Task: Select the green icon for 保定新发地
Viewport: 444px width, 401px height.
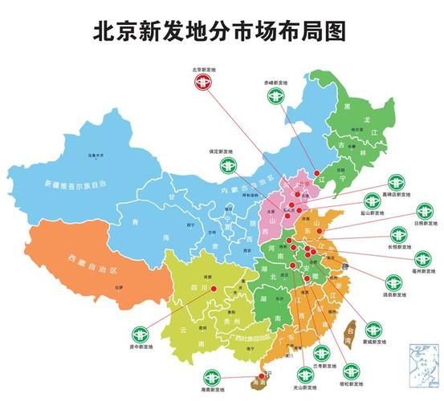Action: click(x=227, y=165)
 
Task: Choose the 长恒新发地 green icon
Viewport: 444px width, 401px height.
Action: click(x=399, y=235)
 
